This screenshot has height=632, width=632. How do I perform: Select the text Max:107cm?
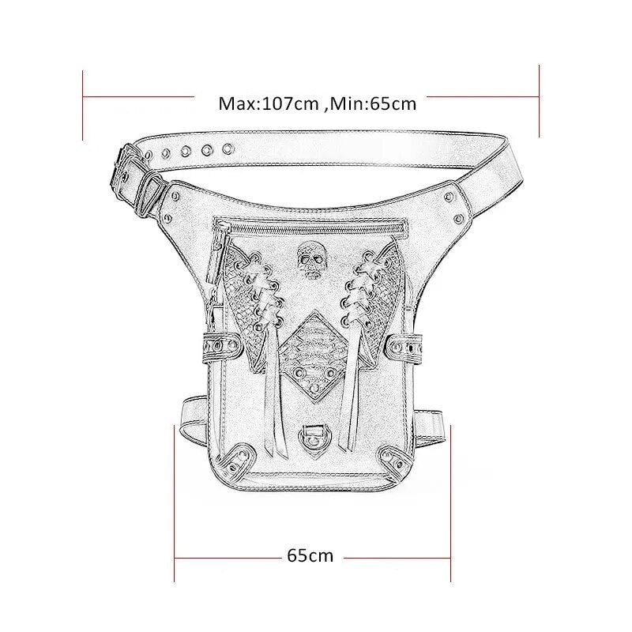coord(269,103)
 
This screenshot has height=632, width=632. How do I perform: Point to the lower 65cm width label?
coord(310,555)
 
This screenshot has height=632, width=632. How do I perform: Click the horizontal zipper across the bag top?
coord(311,229)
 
